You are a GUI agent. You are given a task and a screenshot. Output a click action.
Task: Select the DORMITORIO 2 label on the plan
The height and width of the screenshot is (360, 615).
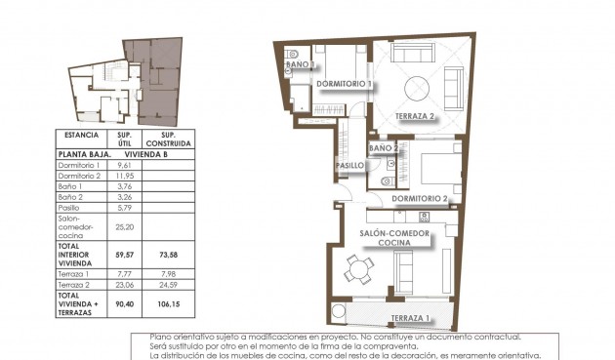(x=419, y=199)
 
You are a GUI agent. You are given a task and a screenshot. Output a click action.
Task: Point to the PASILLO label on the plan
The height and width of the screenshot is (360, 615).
(x=350, y=165)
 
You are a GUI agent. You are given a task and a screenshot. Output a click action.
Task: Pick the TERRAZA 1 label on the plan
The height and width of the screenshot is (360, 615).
(x=408, y=319)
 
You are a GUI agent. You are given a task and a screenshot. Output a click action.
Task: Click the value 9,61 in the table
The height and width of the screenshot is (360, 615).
(x=124, y=166)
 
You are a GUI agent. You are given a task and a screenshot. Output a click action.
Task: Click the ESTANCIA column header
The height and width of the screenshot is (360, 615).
(x=81, y=135)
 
